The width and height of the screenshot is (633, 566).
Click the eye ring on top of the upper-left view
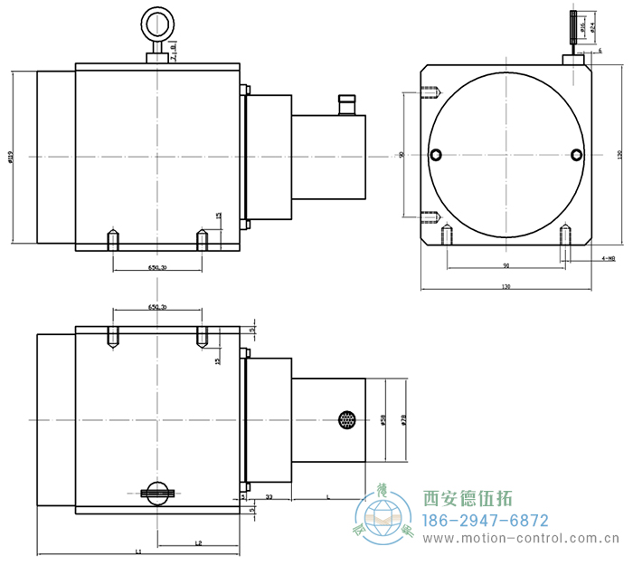pyautogui.click(x=157, y=22)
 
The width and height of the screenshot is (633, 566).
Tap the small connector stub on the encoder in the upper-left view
pyautogui.click(x=345, y=104)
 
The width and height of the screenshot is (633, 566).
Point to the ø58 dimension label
pyautogui.click(x=383, y=420)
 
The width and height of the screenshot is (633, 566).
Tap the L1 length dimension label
pyautogui.click(x=137, y=551)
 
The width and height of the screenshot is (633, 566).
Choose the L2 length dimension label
pyautogui.click(x=198, y=542)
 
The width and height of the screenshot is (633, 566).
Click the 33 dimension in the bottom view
pyautogui.click(x=269, y=497)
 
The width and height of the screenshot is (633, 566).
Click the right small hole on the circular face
pyautogui.click(x=576, y=154)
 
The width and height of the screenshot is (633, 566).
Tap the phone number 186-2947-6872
pyautogui.click(x=487, y=521)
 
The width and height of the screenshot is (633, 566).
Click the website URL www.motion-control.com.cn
pyautogui.click(x=523, y=540)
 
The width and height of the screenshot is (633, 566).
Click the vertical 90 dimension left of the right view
pyautogui.click(x=402, y=155)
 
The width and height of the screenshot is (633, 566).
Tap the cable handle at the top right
pyautogui.click(x=572, y=25)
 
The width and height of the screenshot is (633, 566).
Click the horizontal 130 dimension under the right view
pyautogui.click(x=505, y=286)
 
